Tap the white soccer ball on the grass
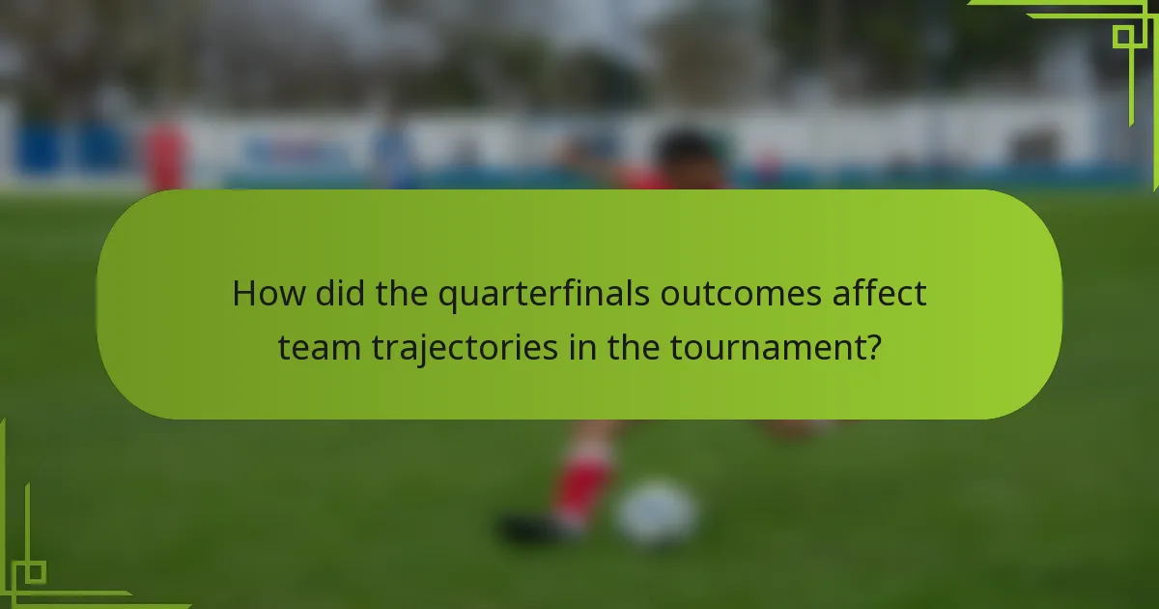tap(657, 512)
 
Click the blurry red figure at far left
tap(164, 155)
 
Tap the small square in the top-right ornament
tap(1122, 37)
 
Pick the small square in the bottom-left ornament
tap(35, 572)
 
